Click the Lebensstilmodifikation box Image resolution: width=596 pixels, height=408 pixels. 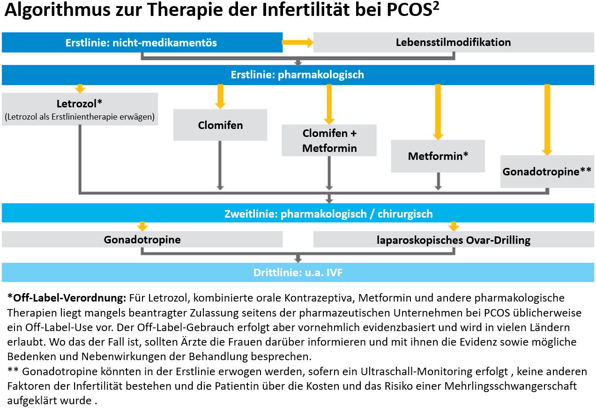(454, 42)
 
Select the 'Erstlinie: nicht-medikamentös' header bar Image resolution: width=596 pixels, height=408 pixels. (142, 42)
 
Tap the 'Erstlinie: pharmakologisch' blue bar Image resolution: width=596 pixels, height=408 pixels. (298, 75)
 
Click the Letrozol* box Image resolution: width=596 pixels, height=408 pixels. (80, 109)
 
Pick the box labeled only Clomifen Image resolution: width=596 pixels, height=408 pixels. (220, 125)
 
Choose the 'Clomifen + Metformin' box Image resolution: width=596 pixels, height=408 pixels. (329, 140)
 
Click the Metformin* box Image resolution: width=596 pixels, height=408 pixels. (438, 156)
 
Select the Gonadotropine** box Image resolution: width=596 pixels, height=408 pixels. (547, 172)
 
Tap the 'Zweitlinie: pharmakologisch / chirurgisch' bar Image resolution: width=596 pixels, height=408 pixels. (298, 213)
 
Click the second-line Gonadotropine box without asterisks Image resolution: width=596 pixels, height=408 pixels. (142, 240)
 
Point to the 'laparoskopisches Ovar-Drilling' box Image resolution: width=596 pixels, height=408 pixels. (454, 240)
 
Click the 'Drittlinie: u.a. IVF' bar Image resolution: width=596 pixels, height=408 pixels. (298, 272)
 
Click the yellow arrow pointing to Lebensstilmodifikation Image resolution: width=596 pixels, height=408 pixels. (298, 42)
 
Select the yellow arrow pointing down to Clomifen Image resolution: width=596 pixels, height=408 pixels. (220, 97)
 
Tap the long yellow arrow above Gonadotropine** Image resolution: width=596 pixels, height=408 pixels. (547, 120)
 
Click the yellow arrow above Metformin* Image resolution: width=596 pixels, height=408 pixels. (438, 112)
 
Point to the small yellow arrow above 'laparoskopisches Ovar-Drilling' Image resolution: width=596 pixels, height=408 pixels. (454, 227)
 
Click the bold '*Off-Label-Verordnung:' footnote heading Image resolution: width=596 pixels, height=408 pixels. (67, 298)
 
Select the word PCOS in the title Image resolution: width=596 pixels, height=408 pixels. (409, 10)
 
